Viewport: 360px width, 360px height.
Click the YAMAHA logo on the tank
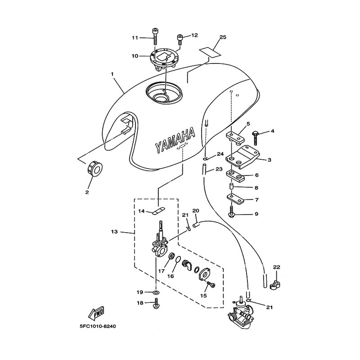pyautogui.click(x=175, y=139)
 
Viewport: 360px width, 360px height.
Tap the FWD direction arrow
pyautogui.click(x=96, y=313)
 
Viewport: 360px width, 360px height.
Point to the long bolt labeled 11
pyautogui.click(x=155, y=37)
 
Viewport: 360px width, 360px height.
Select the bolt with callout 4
pyautogui.click(x=256, y=138)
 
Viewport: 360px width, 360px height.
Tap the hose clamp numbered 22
pyautogui.click(x=274, y=284)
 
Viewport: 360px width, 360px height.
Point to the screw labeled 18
pyautogui.click(x=156, y=303)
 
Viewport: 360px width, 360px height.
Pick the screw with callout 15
pyautogui.click(x=211, y=284)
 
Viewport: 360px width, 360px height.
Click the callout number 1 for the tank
pyautogui.click(x=112, y=74)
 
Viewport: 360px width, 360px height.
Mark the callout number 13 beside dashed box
pyautogui.click(x=114, y=232)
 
